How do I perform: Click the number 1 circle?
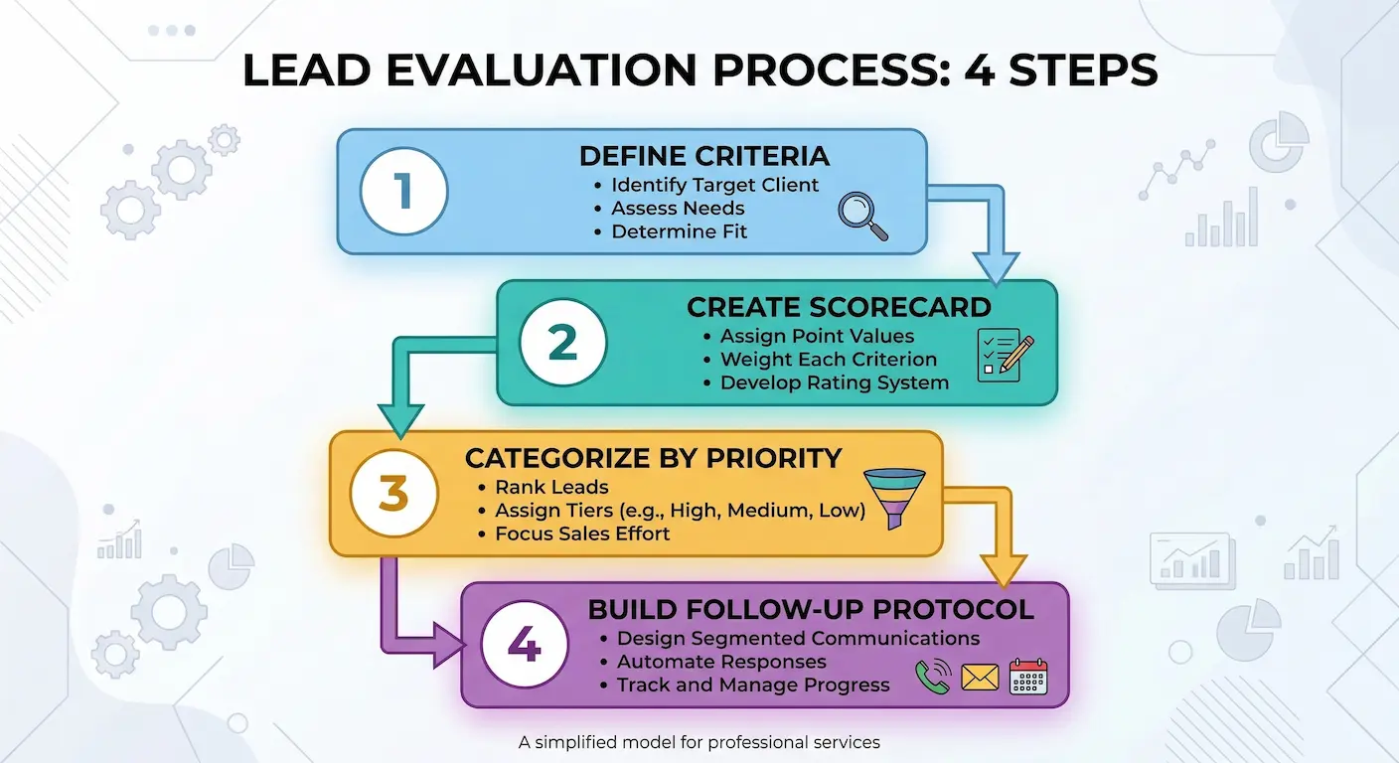[x=404, y=191]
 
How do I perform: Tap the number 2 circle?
[x=562, y=342]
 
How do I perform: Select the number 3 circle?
[x=393, y=493]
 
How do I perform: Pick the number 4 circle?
[x=525, y=645]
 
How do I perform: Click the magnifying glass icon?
[x=863, y=216]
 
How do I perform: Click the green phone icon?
[x=933, y=677]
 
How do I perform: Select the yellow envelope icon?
[x=980, y=678]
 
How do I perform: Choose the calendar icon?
[x=1028, y=677]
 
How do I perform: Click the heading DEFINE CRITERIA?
[x=704, y=156]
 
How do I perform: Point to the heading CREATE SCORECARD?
[x=839, y=307]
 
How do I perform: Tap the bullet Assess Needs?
[x=677, y=208]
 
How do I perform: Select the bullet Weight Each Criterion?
[x=828, y=359]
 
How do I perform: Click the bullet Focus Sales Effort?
[x=582, y=534]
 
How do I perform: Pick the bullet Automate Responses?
[x=721, y=662]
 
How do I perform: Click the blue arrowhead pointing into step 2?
[x=997, y=268]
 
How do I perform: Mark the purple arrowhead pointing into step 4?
[x=448, y=645]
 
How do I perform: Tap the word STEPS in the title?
[x=1083, y=70]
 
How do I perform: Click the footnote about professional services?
[x=699, y=742]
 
